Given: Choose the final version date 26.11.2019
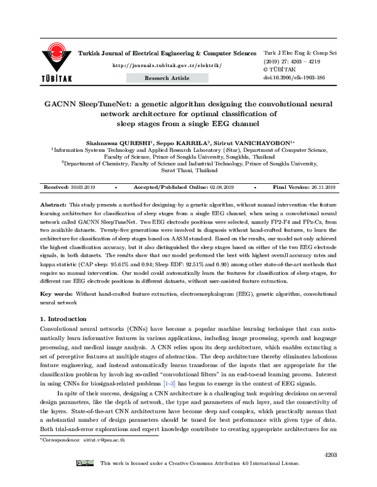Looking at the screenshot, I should click(x=321, y=188).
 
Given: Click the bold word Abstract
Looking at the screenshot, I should click(x=53, y=205).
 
